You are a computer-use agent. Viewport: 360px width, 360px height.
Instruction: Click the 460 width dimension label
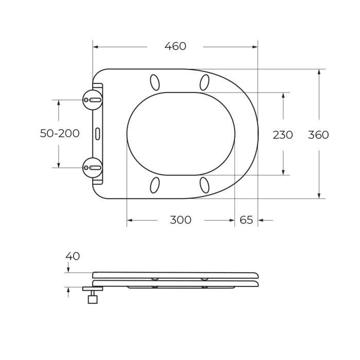175,46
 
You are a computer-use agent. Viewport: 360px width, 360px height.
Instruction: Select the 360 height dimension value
318,135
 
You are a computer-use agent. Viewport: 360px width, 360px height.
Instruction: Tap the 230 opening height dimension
283,135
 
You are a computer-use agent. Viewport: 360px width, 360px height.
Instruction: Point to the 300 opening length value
181,220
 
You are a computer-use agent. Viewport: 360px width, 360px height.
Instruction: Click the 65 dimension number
246,220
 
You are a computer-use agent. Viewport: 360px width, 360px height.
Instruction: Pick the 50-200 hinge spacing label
60,133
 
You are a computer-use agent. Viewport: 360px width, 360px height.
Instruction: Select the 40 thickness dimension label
73,256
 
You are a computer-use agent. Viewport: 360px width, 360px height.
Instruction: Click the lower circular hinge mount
93,167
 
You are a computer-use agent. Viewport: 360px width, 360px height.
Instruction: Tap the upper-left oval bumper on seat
154,82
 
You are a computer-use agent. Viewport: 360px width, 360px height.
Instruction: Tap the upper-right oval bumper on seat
204,82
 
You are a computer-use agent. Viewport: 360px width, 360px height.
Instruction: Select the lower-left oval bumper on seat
154,185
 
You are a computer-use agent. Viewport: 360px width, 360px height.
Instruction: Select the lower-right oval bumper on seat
204,185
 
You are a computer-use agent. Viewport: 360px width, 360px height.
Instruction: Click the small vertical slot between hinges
98,133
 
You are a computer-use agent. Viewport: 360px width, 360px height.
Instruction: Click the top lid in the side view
175,275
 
